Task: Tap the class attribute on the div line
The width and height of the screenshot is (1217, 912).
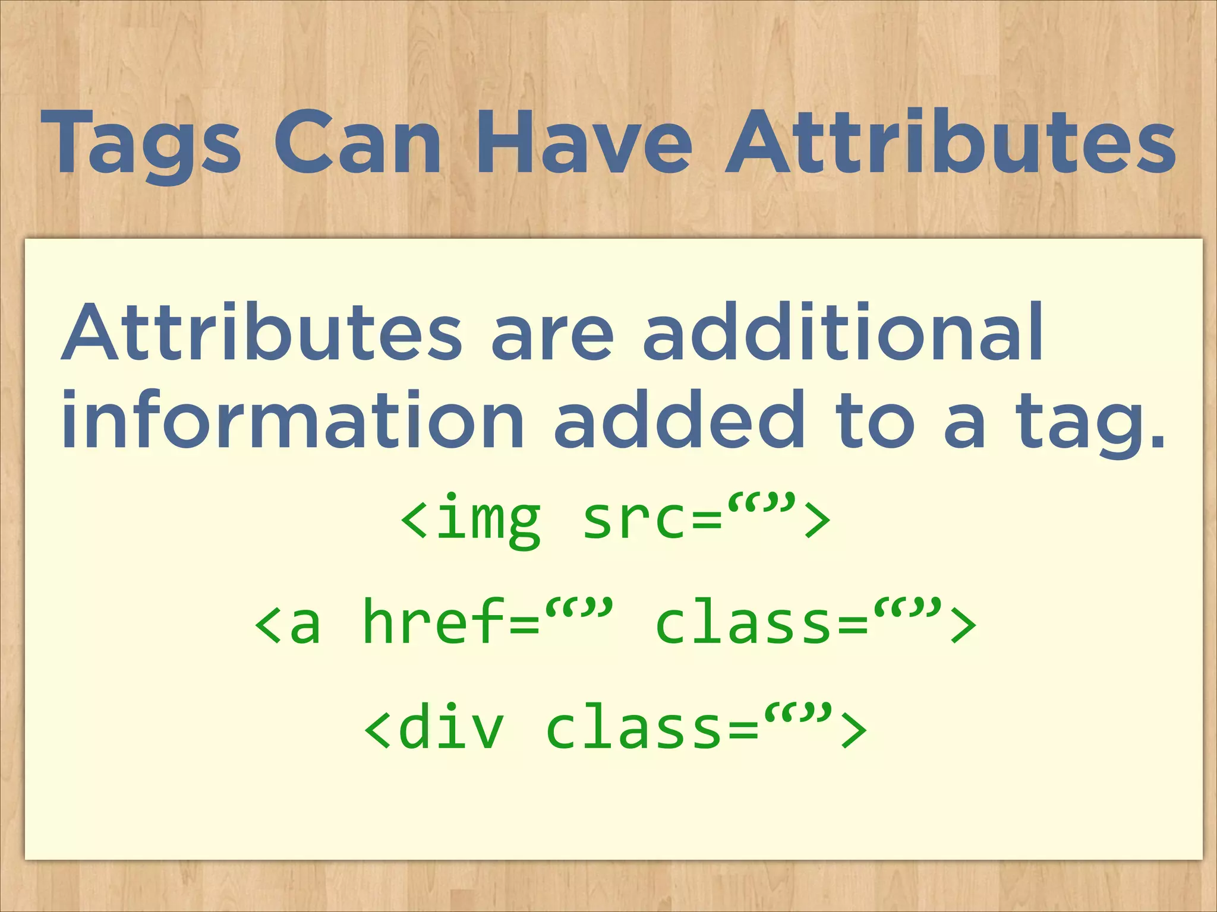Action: point(633,726)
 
